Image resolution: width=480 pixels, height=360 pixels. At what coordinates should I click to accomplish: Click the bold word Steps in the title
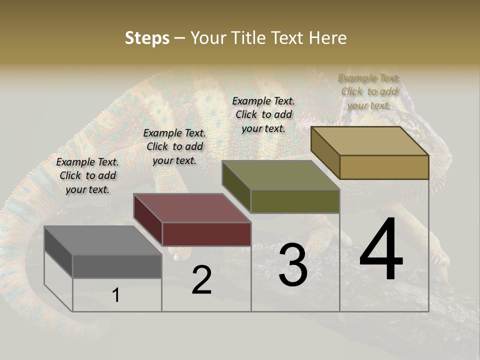(x=147, y=38)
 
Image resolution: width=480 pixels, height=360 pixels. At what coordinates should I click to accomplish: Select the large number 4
(x=381, y=250)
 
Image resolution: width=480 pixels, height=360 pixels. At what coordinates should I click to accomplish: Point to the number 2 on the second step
(x=202, y=280)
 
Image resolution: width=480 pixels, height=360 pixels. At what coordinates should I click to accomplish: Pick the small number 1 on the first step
(x=116, y=295)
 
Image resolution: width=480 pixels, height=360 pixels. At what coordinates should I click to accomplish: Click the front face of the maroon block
(x=206, y=234)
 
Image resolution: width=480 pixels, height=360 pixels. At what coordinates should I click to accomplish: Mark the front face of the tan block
(x=384, y=167)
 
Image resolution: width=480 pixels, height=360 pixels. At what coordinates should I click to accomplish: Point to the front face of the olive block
(x=295, y=201)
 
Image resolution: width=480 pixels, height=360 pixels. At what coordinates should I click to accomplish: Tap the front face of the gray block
(x=117, y=266)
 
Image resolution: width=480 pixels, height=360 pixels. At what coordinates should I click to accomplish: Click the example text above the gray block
(x=87, y=175)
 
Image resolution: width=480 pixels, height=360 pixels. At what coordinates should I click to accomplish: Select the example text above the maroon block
(x=174, y=146)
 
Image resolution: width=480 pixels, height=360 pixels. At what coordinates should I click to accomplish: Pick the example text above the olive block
(x=263, y=114)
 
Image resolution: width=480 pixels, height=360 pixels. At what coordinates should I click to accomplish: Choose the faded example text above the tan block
(x=369, y=91)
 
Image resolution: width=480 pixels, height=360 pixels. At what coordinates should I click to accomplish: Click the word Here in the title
(x=328, y=38)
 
